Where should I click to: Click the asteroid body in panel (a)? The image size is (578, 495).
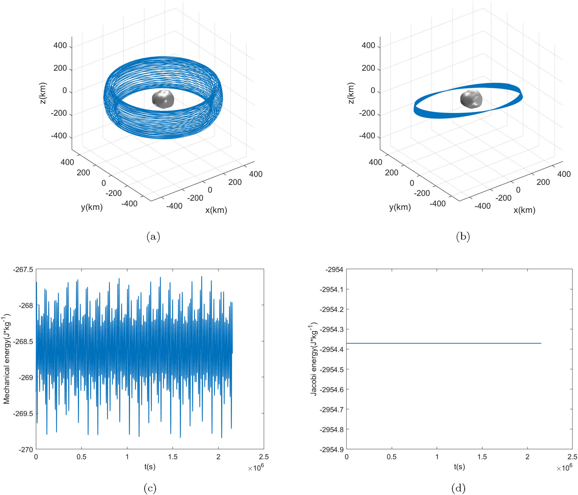[x=163, y=99]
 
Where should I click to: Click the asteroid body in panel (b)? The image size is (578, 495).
[x=471, y=99]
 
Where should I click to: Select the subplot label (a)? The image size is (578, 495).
[x=153, y=237]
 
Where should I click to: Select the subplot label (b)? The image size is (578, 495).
[x=463, y=237]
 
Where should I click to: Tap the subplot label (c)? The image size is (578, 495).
[x=150, y=488]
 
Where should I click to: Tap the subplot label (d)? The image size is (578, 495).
[x=458, y=488]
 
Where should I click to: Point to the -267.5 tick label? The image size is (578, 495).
[x=23, y=269]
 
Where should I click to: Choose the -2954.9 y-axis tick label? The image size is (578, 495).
[x=331, y=450]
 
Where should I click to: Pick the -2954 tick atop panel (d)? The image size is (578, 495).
[x=335, y=269]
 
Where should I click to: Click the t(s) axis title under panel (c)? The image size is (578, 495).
[x=150, y=466]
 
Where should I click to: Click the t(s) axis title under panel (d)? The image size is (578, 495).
[x=459, y=466]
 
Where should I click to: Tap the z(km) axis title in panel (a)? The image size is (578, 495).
[x=43, y=93]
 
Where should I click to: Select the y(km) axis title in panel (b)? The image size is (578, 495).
[x=400, y=207]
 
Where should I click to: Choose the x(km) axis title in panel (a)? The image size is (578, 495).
[x=216, y=210]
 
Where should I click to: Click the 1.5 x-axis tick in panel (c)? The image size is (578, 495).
[x=173, y=457]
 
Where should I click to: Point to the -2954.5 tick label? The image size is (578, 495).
[x=331, y=370]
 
